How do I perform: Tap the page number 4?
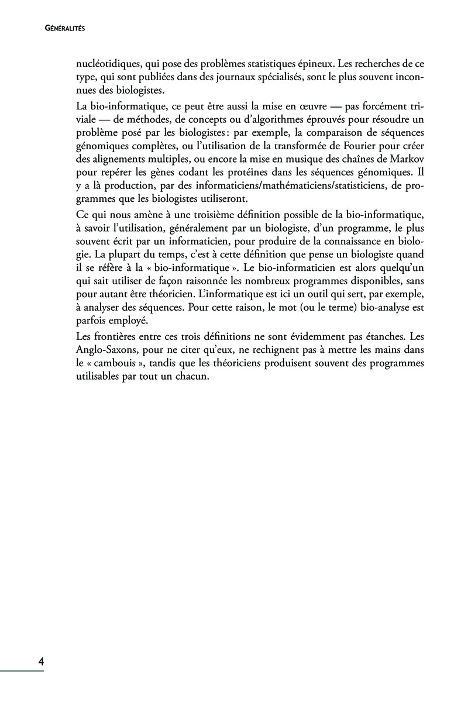[41, 662]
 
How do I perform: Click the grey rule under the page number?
[22, 671]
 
